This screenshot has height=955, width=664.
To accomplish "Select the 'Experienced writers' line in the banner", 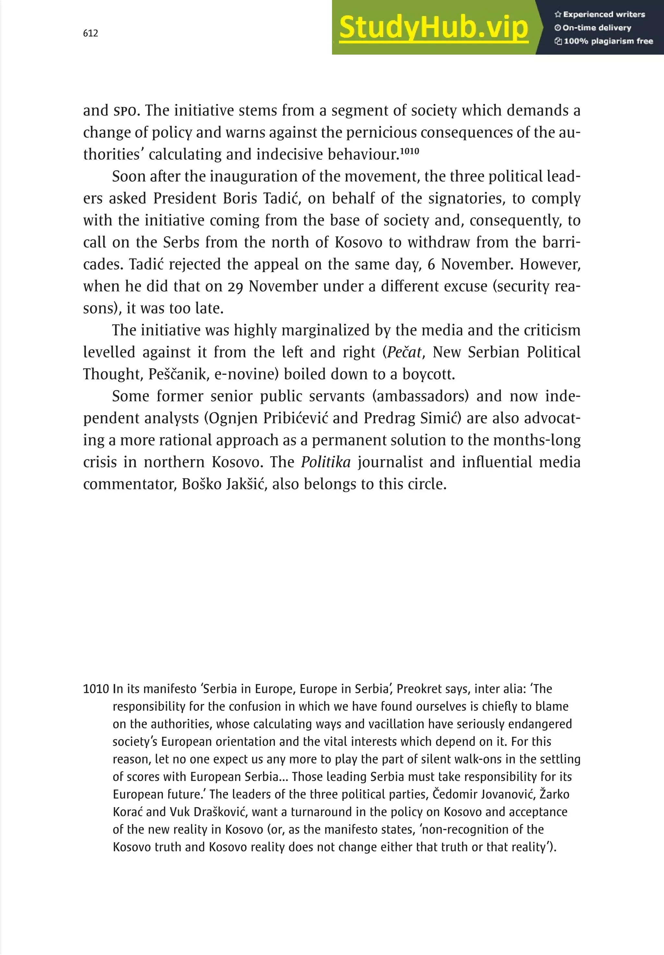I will pos(599,15).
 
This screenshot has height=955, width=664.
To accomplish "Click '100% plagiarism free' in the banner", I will pos(604,41).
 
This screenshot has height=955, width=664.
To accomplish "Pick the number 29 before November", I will pos(235,286).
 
